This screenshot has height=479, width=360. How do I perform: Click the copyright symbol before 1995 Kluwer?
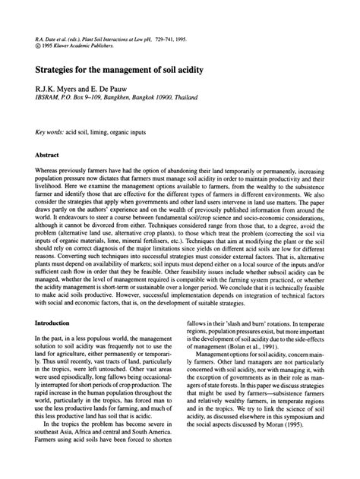(x=27, y=45)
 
